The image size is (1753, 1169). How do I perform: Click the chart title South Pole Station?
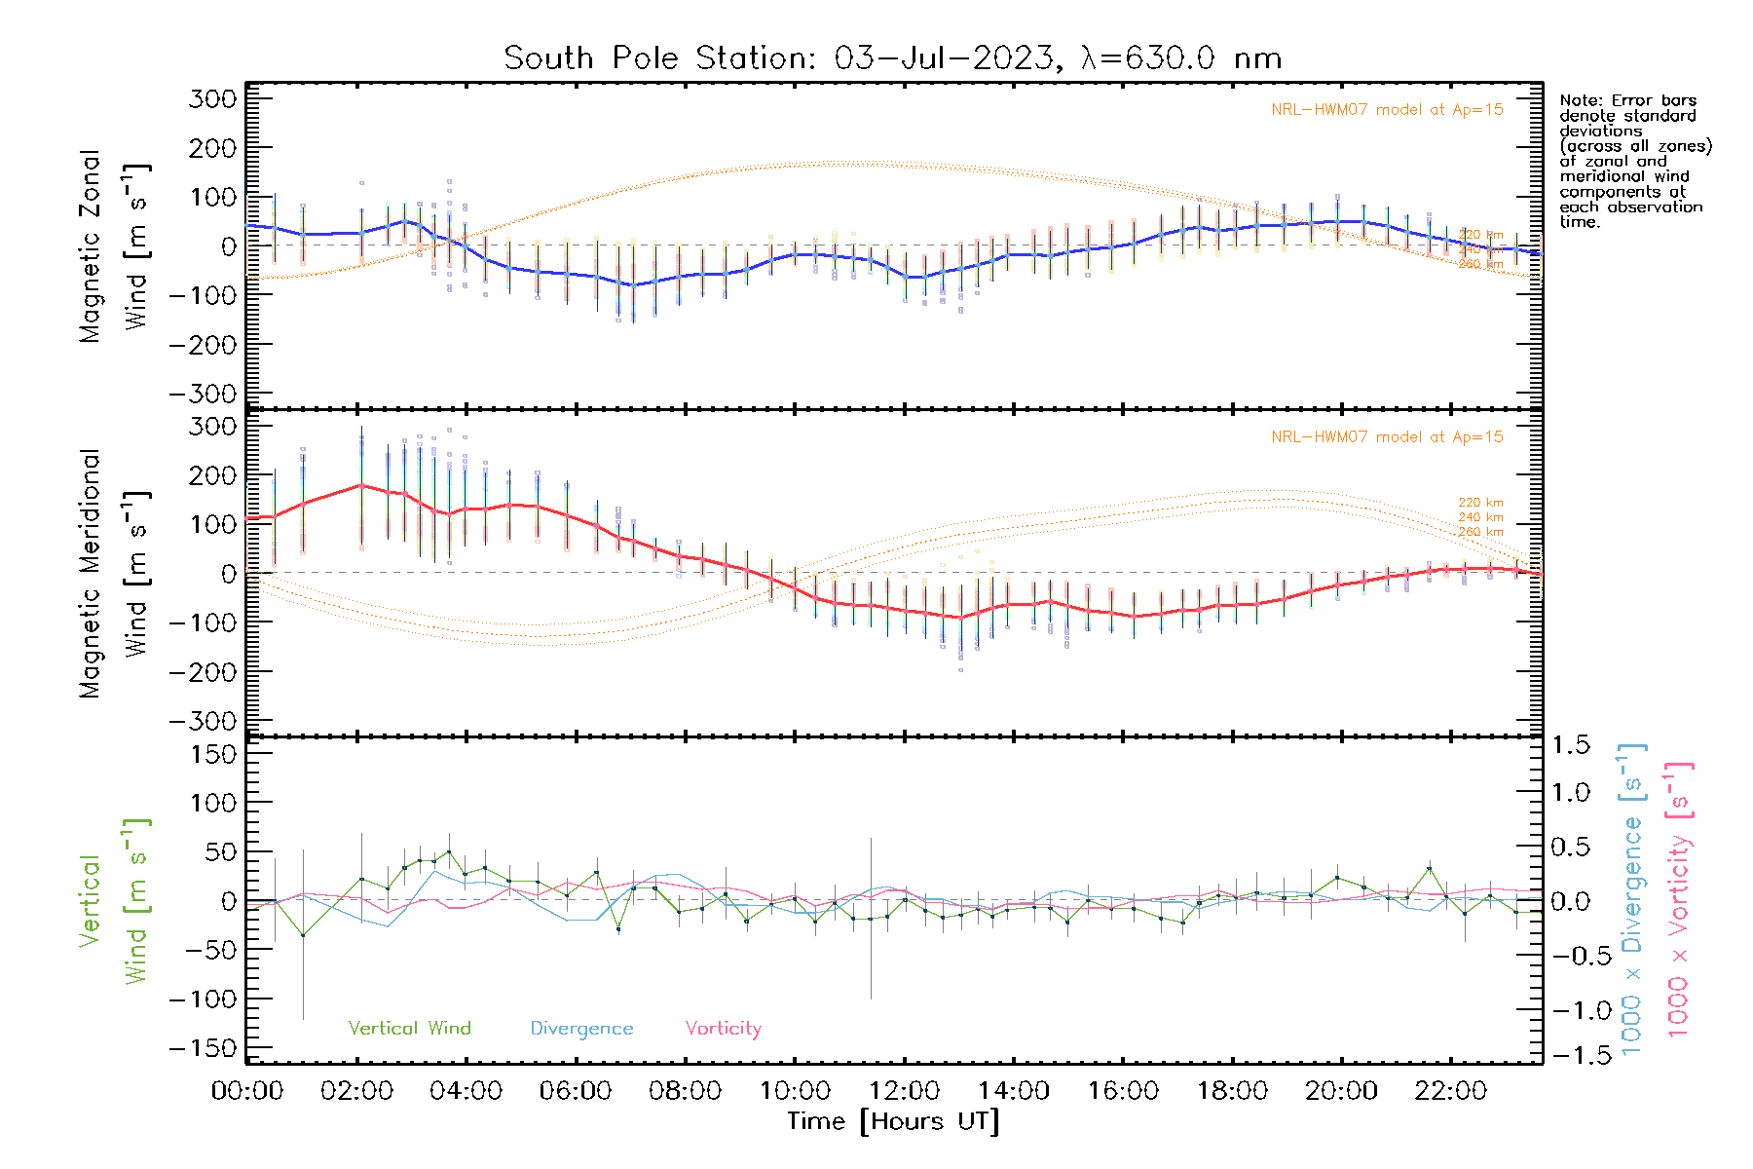coord(892,58)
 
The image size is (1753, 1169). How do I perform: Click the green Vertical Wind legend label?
coord(409,1028)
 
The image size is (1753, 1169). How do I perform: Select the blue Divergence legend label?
coord(581,1028)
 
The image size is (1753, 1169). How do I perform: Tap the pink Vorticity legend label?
coord(723,1028)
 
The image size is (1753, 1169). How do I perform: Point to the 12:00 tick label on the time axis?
coord(904,1091)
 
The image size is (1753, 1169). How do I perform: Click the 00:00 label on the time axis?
coord(247,1091)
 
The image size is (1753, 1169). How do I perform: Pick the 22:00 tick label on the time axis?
coord(1450,1091)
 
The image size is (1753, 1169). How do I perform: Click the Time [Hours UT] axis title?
coord(892,1121)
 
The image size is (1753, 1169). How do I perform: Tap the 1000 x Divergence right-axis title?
coord(1632,899)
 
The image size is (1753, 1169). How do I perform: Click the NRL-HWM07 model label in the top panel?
coord(1387,110)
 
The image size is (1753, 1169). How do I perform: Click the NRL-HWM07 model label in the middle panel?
coord(1387,437)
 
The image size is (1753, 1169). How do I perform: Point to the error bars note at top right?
coord(1634,161)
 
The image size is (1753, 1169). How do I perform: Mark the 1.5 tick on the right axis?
coord(1570,745)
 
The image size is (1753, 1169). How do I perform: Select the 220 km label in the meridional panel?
coord(1480,503)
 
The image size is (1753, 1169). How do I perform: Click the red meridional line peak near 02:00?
coord(361,485)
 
